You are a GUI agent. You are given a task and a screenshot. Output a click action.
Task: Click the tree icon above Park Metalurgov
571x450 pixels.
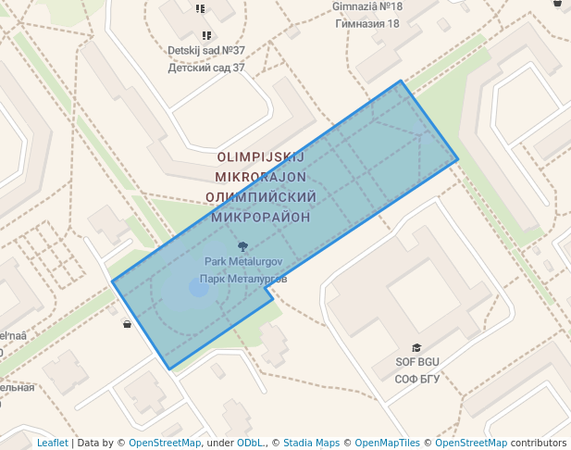[x=242, y=247]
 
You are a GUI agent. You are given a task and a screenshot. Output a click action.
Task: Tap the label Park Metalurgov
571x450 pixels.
[x=242, y=262]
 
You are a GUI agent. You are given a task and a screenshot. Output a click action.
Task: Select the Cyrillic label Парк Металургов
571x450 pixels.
[x=243, y=278]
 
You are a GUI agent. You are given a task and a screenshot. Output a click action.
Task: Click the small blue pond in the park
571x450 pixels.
[x=199, y=288]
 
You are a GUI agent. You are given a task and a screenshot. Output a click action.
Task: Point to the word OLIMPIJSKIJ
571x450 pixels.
[x=259, y=157]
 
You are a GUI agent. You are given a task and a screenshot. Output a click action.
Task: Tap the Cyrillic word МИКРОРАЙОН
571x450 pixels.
[x=260, y=217]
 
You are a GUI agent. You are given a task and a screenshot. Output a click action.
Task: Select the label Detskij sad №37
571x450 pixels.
[x=206, y=51]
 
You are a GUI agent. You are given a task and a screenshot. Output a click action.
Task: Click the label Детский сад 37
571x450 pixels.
[x=206, y=68]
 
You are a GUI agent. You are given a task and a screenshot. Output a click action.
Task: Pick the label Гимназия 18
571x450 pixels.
[x=367, y=23]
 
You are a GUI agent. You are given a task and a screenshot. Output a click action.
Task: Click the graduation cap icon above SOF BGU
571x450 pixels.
[x=416, y=347]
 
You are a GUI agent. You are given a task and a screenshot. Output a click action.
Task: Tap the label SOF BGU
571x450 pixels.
[x=416, y=362]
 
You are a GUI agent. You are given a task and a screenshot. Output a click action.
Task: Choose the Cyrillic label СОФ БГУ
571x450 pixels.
[x=416, y=379]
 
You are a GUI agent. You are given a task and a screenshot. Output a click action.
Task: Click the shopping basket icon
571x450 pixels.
[x=127, y=324]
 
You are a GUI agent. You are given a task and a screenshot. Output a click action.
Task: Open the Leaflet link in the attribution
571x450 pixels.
[x=52, y=443]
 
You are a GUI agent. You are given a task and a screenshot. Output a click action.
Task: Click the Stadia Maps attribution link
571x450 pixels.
[x=311, y=443]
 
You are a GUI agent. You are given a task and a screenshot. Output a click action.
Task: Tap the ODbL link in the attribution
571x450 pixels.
[x=250, y=443]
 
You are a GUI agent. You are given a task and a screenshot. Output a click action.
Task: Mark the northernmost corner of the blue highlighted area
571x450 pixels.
[x=401, y=81]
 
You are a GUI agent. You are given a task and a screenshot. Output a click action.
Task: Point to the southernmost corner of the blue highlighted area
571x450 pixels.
[x=169, y=369]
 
